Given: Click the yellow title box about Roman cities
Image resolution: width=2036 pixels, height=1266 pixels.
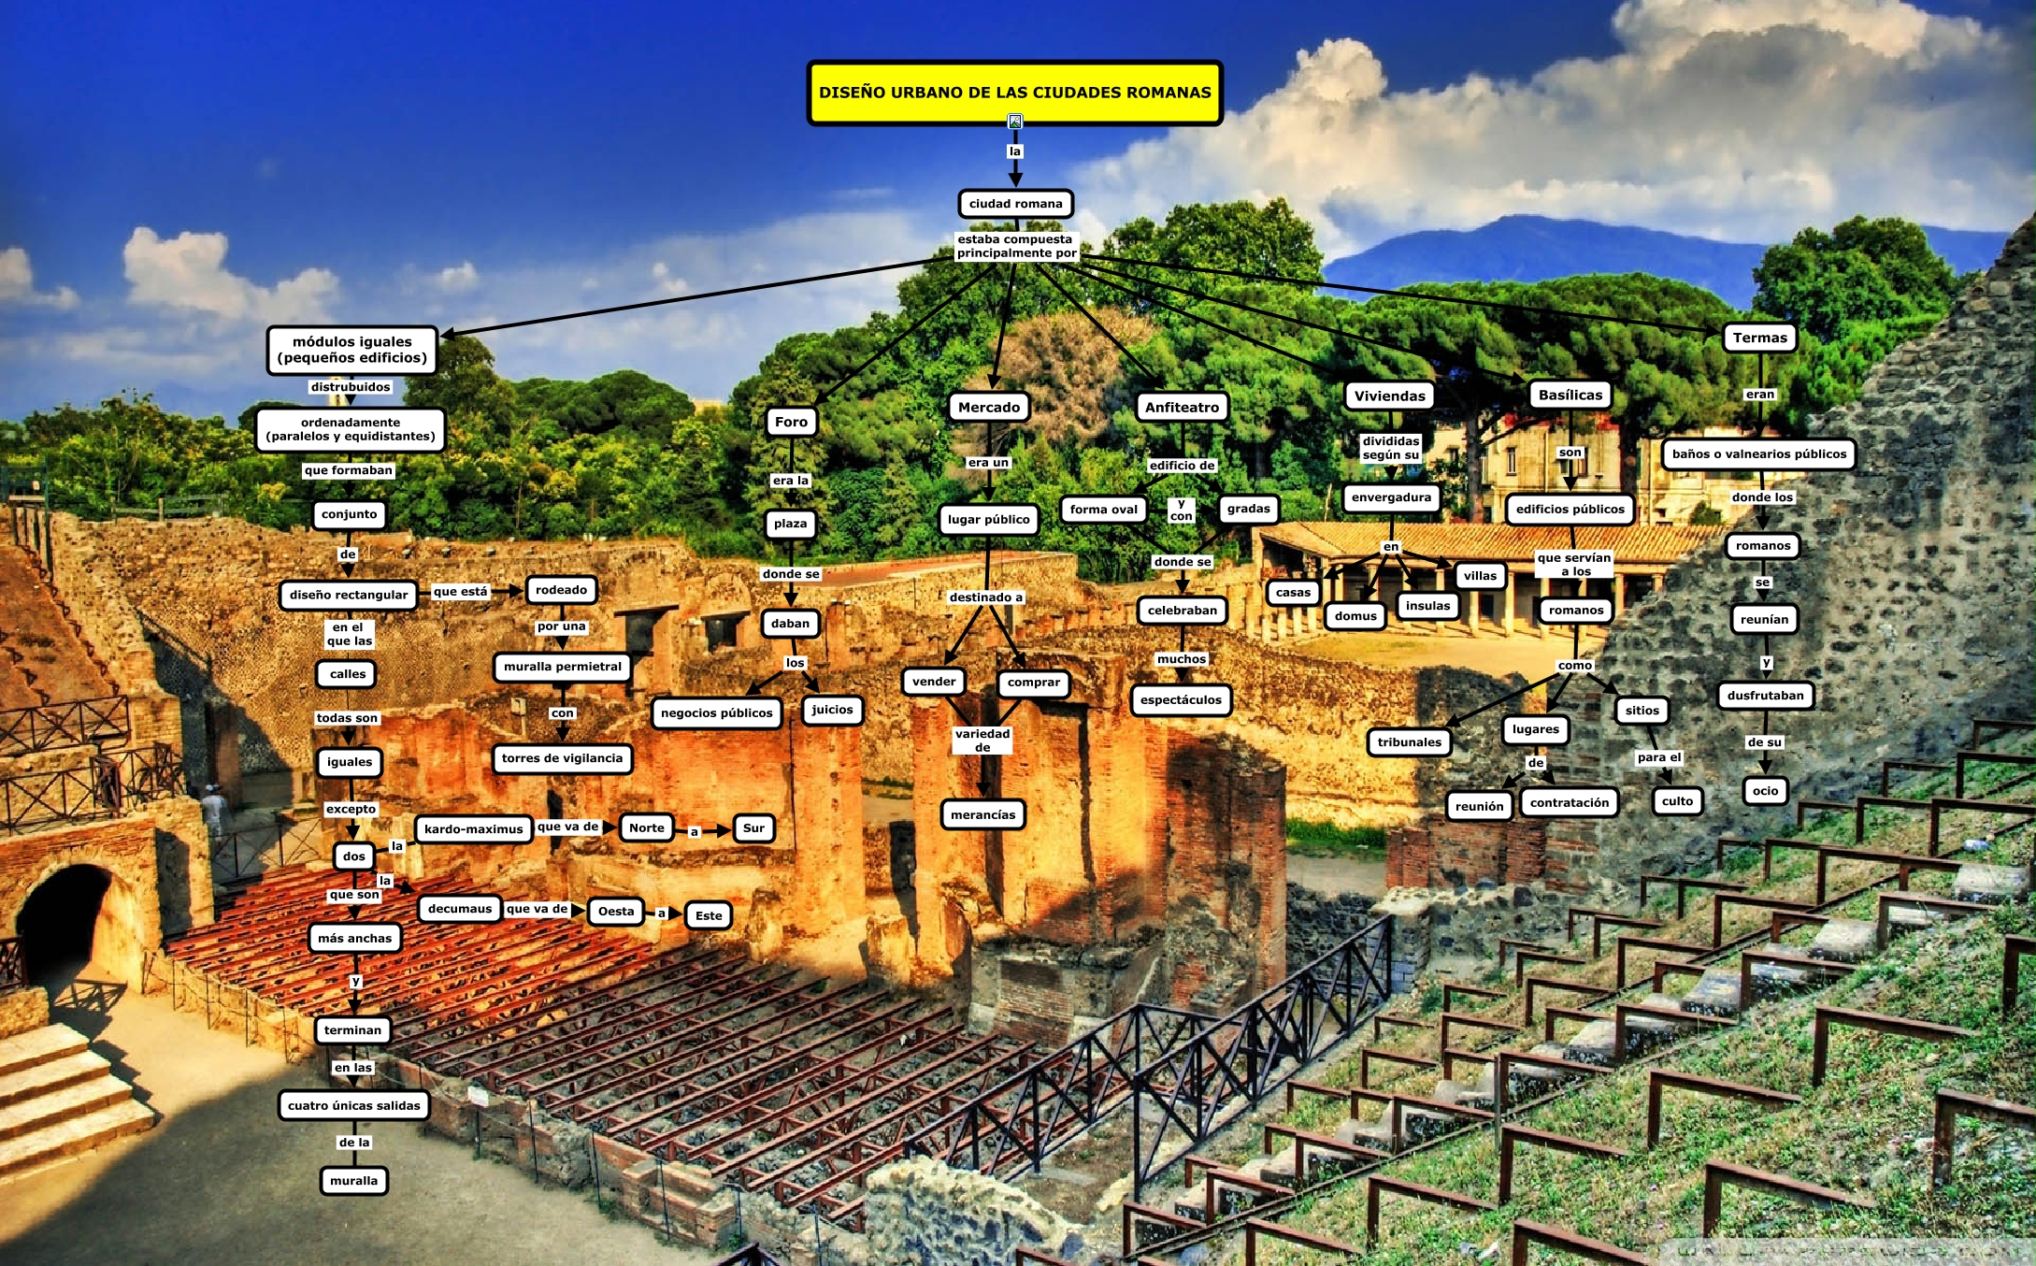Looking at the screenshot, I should [1014, 93].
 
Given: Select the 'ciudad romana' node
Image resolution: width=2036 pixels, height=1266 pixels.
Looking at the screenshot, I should [1015, 204].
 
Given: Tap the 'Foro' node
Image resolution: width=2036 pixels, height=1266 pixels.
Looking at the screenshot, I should [791, 422].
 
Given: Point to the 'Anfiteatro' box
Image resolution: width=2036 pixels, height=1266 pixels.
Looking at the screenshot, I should [1182, 407].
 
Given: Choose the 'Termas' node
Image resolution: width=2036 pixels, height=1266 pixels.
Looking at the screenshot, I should [1759, 338].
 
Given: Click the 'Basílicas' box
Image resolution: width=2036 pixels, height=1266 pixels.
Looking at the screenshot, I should [1570, 395].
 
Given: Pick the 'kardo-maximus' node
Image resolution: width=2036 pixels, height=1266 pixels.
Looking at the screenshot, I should [473, 828].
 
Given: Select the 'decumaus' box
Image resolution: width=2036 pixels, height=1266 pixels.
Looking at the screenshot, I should [459, 908].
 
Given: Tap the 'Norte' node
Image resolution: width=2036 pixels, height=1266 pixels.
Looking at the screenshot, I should [646, 827].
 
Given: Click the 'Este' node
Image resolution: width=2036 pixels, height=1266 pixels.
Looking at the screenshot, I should [709, 915].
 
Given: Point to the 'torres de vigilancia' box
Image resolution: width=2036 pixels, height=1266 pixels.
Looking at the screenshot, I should [562, 758].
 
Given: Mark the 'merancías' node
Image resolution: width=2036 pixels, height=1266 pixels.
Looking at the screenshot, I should [982, 814].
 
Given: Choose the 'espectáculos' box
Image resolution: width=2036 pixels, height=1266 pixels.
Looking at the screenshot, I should [1181, 699].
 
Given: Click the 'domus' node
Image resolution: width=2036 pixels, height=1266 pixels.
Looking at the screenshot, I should [1355, 615].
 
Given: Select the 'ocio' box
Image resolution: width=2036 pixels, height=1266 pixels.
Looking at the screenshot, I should [1765, 791].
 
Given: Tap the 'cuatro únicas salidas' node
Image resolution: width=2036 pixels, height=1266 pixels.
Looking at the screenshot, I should [353, 1105].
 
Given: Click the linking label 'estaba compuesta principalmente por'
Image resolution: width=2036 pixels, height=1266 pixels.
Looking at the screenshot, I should [1016, 246].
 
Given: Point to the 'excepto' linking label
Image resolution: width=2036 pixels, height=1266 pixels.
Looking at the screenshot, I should [351, 809].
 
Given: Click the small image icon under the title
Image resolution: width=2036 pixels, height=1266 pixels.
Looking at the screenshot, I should [1015, 122].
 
